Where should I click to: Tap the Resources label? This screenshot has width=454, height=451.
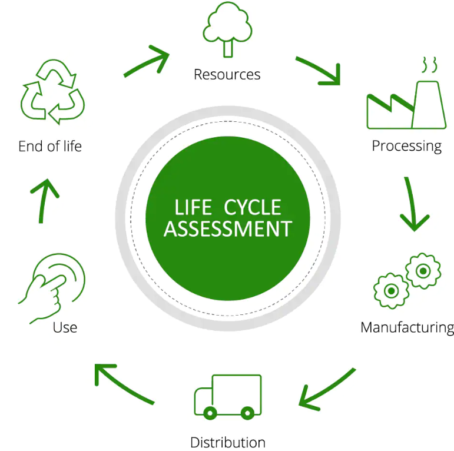pos(227,75)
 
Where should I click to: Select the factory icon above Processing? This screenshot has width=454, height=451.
pos(405,97)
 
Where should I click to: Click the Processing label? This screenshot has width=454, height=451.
pos(406,145)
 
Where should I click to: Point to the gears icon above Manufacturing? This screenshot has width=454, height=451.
pos(407,280)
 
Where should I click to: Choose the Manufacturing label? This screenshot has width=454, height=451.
pos(407,327)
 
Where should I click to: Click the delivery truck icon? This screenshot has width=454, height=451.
pos(227,396)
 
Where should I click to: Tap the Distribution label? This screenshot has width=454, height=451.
pos(227,442)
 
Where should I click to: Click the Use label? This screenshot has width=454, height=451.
pos(65,327)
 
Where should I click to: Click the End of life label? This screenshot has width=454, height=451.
pos(50,146)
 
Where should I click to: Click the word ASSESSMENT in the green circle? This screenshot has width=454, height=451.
pos(227,228)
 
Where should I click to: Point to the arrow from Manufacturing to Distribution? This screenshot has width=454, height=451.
pos(327,389)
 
